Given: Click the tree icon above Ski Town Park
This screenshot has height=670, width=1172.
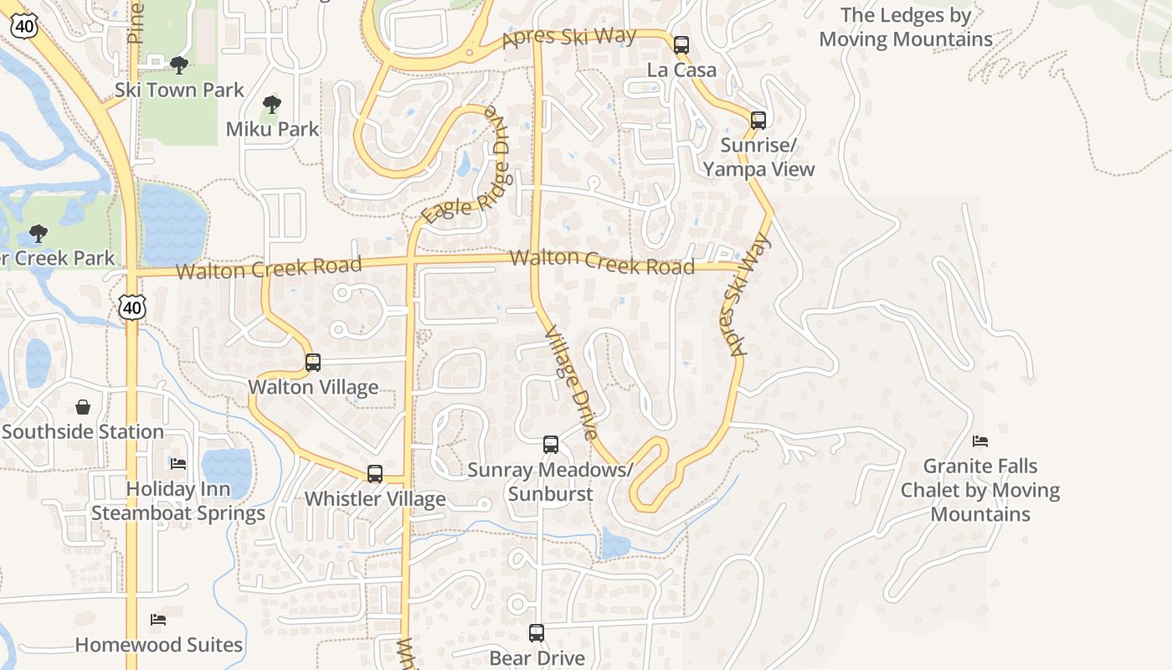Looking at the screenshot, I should point(177,64).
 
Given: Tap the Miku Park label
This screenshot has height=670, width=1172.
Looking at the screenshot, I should point(273,129).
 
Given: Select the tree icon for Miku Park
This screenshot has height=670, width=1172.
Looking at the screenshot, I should point(270,105).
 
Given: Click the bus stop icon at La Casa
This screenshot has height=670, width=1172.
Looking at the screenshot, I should point(681,45).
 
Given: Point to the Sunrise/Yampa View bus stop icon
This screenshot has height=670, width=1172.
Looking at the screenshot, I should point(758,121).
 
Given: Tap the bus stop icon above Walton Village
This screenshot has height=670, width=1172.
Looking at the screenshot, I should point(313,363).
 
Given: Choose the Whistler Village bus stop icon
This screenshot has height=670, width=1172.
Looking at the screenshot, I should point(375,474).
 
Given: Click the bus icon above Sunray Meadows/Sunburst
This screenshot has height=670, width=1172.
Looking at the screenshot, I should point(550,445).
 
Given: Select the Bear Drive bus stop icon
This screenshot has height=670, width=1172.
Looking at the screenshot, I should point(537,633).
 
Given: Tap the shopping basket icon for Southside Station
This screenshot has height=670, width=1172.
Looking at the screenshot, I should point(83,407).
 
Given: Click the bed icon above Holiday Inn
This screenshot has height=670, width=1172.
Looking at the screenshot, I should point(178,463).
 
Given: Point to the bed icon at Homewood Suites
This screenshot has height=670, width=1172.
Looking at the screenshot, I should point(158,620).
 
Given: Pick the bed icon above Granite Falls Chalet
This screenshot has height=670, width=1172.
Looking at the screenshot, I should point(980,441).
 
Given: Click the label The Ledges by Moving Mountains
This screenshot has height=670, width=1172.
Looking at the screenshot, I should point(906,27).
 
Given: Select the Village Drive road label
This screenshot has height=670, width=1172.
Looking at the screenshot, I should point(571,383).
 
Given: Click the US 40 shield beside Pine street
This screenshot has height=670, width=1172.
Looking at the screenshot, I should point(23,25).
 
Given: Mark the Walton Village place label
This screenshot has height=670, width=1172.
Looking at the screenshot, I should point(313,387).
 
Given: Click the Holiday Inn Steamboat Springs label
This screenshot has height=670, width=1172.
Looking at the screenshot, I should point(178,501).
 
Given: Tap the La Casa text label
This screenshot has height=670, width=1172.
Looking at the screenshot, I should point(681,70).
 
